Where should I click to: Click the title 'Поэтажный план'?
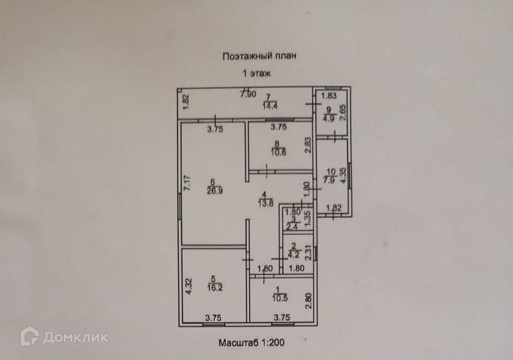(x=259, y=55)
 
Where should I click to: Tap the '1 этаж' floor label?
(x=257, y=74)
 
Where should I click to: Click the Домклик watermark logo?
(x=64, y=337)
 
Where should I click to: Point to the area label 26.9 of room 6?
(x=215, y=193)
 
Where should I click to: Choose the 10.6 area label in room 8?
(x=277, y=152)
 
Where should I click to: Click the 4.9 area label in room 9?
(x=328, y=119)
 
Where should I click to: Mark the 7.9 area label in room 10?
(x=331, y=179)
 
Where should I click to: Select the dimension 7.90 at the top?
(x=248, y=95)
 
